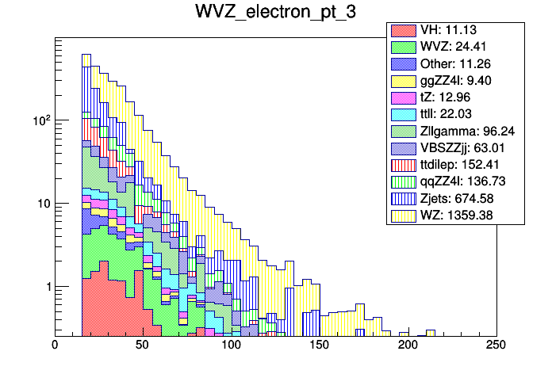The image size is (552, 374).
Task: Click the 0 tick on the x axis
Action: tap(56, 345)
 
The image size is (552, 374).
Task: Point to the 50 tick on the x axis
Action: tap(144, 345)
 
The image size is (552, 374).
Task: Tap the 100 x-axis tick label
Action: tap(232, 345)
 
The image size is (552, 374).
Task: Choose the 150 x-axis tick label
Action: tap(320, 345)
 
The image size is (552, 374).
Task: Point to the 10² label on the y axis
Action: tap(40, 120)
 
